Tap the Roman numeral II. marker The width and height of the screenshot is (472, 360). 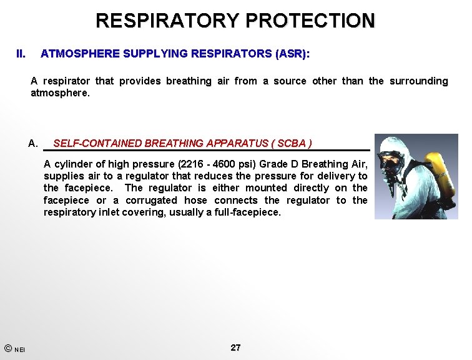(x=21, y=54)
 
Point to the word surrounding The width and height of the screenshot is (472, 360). (x=419, y=81)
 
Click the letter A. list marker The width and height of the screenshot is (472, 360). (x=34, y=144)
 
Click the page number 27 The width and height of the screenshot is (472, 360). (x=235, y=347)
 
